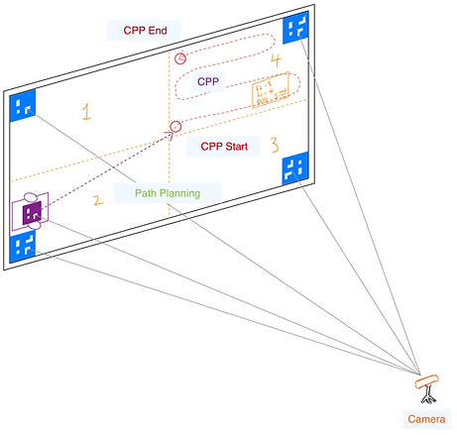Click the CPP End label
(x=144, y=31)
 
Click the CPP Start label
(x=223, y=147)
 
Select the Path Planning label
(x=166, y=193)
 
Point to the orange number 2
(x=97, y=201)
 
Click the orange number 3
(x=275, y=145)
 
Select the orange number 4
(x=275, y=61)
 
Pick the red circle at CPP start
(x=175, y=126)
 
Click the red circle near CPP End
(x=180, y=58)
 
